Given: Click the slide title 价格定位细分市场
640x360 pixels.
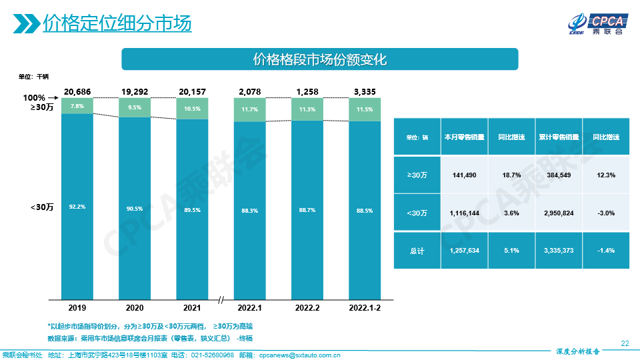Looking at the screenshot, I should tap(117, 24).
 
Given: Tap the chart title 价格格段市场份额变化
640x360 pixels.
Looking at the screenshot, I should tap(320, 59).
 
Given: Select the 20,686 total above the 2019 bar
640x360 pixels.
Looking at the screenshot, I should tap(77, 91).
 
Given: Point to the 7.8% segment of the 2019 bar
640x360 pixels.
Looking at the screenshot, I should tap(77, 106).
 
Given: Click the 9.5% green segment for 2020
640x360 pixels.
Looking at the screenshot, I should tap(135, 107).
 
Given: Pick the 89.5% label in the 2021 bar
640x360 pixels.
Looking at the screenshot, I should tap(192, 209).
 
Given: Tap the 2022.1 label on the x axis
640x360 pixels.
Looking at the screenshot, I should tap(249, 308).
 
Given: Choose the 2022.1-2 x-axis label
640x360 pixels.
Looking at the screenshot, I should tap(365, 308).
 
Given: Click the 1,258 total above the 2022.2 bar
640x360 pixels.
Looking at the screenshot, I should tap(307, 91).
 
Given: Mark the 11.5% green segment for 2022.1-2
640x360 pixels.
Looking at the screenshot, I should tap(365, 109).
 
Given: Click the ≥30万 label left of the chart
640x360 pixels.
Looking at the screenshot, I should tap(42, 107).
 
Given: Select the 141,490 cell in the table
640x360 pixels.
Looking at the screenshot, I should tap(465, 175).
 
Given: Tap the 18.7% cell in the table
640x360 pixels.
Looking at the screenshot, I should tap(511, 175).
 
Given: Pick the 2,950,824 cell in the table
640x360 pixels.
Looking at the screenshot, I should tap(559, 213).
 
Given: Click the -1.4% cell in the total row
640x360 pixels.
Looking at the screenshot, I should tap(606, 251).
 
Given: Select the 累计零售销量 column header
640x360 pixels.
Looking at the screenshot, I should tap(559, 137).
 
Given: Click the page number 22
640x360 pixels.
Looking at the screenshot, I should tap(625, 343).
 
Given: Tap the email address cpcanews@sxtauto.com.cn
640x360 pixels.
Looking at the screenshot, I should tap(299, 355).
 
